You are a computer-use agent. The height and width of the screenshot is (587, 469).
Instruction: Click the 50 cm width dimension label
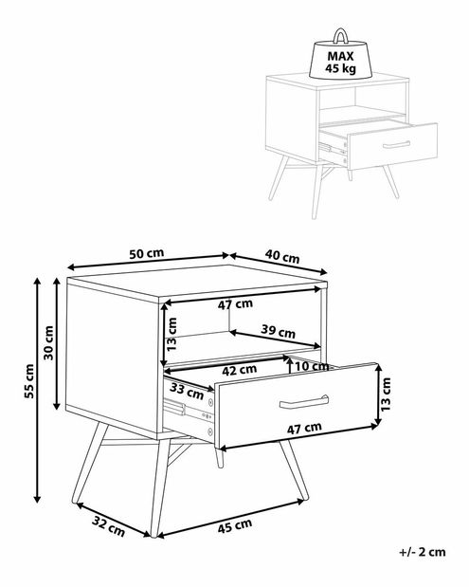point(147,253)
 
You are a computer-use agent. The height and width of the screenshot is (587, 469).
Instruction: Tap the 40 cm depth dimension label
point(282,256)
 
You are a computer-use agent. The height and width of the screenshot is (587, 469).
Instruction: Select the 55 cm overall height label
point(29,381)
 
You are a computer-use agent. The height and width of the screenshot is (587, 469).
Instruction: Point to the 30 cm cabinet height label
point(49,342)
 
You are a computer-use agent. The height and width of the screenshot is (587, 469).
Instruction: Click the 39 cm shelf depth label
point(278,331)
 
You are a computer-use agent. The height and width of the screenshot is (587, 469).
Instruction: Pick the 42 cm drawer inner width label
point(240,370)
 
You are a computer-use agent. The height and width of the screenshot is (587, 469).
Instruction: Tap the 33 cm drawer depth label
point(187,392)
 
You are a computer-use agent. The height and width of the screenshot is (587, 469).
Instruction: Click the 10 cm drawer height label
point(312,366)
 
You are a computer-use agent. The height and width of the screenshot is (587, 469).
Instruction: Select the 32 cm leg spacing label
point(108,525)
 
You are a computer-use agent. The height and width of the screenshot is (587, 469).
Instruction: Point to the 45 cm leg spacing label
point(235,526)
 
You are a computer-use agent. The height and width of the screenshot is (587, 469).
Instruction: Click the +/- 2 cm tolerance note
point(423,552)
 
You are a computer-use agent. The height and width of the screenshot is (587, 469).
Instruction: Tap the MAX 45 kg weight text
point(340,63)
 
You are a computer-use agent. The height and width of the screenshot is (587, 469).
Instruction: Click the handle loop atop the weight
point(341,35)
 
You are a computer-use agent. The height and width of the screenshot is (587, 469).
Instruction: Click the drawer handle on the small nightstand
point(396,144)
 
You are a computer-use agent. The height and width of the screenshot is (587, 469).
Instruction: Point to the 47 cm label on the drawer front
point(304,428)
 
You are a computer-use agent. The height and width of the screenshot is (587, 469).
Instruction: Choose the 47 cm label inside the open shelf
point(235,304)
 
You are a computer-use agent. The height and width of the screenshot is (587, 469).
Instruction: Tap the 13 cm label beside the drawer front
point(386,394)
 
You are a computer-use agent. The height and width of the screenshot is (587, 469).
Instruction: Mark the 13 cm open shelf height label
point(171,334)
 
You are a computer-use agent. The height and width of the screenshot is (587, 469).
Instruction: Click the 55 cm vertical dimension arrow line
point(37,390)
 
